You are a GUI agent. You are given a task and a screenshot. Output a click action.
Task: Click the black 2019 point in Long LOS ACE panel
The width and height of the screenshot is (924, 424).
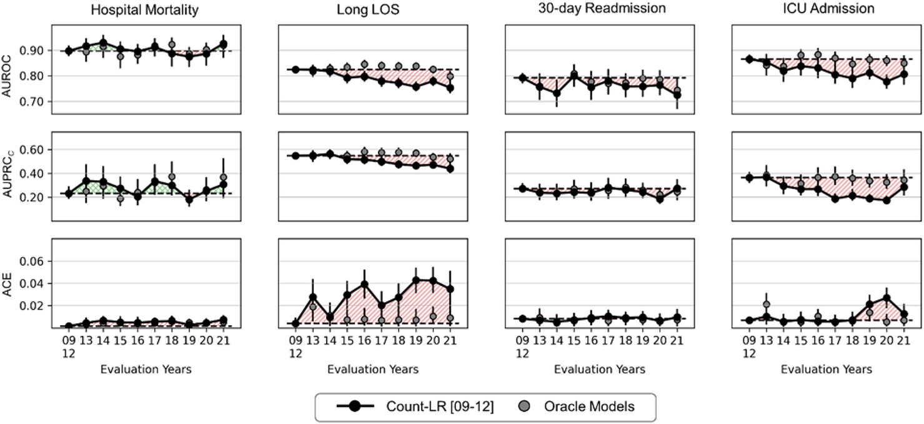(415, 280)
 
